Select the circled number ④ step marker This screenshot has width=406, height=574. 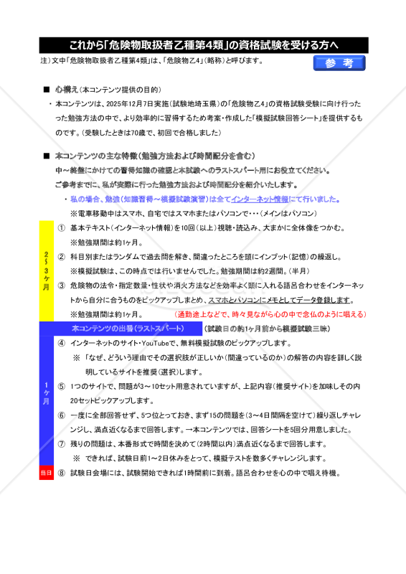(x=62, y=343)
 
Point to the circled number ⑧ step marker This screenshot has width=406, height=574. (x=62, y=473)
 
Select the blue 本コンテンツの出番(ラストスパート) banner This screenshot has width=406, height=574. (x=126, y=328)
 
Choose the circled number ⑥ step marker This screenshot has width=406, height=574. (x=62, y=415)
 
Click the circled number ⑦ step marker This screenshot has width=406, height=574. (x=62, y=444)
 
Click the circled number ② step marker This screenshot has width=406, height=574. (x=62, y=256)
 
